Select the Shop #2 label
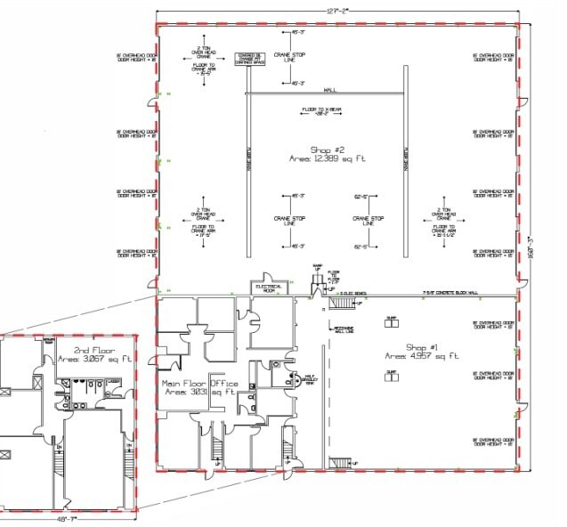click(326, 149)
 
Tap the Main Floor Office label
click(200, 384)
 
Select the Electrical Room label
click(270, 288)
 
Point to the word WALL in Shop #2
click(329, 90)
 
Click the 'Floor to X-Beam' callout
click(316, 112)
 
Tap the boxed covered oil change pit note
click(249, 59)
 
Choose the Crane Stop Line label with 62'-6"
click(369, 220)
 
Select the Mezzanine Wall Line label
click(344, 328)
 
